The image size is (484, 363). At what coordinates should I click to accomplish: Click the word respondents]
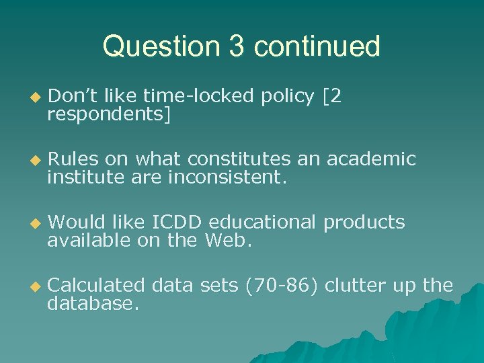tap(109, 116)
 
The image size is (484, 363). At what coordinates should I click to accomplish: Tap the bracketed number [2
tap(333, 97)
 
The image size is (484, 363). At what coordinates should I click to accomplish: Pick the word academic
tap(371, 160)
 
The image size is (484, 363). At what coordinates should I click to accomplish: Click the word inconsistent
tap(228, 179)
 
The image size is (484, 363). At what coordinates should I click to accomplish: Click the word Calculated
tap(96, 286)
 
